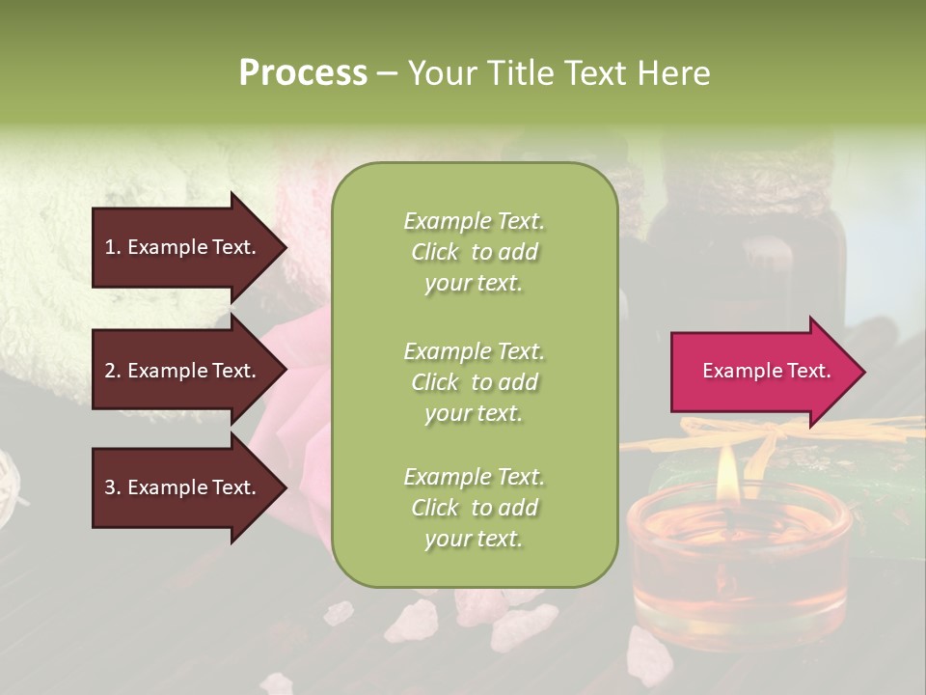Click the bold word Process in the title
[303, 72]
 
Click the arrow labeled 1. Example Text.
[183, 247]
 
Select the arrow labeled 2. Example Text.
[183, 371]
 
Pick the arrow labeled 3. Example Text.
[183, 487]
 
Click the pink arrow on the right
[762, 372]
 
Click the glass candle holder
[738, 560]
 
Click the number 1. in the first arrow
[113, 247]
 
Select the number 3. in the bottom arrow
[113, 487]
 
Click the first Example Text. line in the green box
[474, 221]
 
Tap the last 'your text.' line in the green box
[474, 539]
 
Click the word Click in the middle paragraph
[434, 382]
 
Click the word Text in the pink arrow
[808, 371]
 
